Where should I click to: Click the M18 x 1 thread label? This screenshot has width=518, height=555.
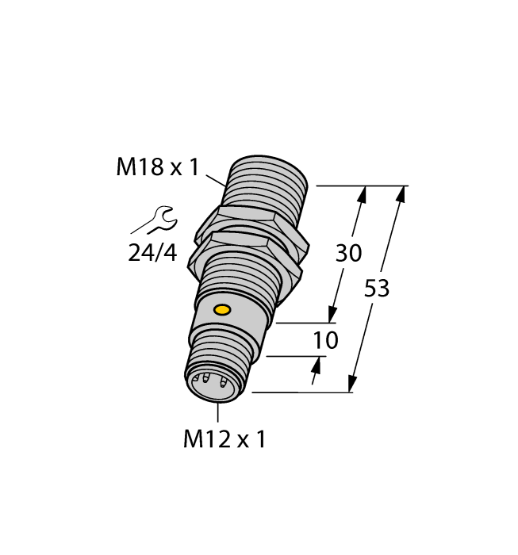158,167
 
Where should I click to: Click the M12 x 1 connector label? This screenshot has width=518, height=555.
224,439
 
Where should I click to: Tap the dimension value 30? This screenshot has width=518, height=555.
349,254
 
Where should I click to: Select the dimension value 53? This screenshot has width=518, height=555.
377,289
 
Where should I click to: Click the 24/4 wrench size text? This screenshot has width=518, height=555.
152,254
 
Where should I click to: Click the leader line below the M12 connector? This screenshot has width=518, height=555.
217,413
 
